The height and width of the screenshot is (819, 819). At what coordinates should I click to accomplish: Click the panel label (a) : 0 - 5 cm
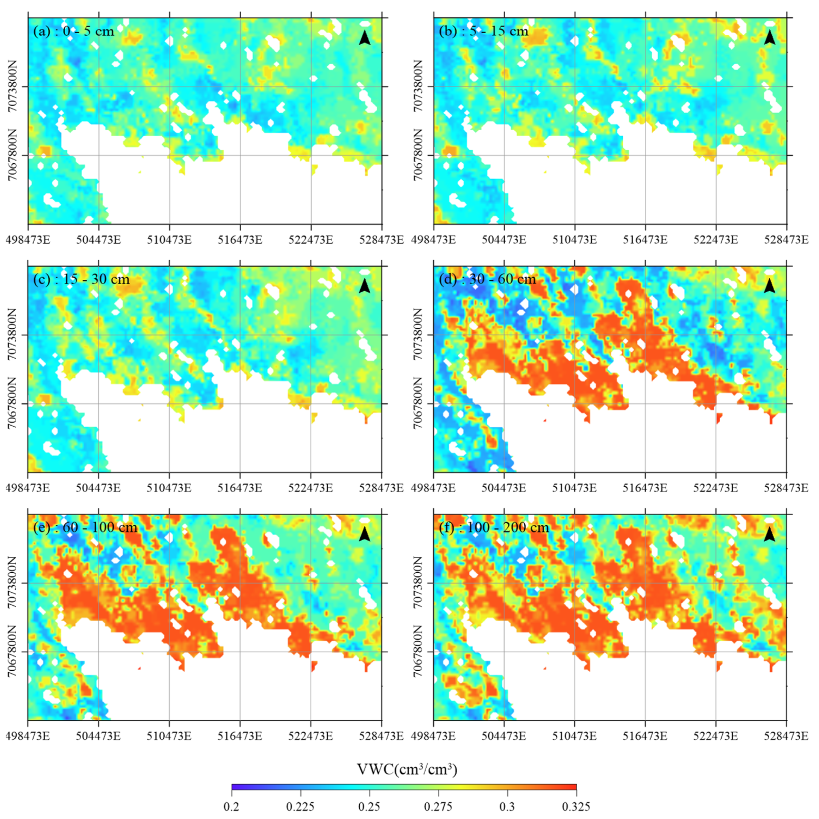tap(74, 31)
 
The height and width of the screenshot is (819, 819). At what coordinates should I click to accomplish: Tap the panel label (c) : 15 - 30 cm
tap(81, 279)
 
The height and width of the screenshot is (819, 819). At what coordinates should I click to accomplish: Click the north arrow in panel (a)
tap(364, 38)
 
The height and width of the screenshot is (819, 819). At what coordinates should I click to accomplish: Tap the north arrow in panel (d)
tap(769, 286)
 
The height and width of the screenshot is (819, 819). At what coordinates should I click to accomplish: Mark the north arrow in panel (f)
tap(769, 535)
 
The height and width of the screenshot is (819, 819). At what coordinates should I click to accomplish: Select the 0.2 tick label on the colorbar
tap(232, 806)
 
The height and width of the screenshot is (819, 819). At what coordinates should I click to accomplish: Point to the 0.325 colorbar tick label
tap(576, 806)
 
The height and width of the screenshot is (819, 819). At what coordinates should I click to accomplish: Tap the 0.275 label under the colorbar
tap(438, 806)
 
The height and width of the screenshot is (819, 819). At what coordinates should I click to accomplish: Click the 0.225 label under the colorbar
tap(300, 806)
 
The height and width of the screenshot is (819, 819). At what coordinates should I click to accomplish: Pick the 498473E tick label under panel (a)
tap(28, 240)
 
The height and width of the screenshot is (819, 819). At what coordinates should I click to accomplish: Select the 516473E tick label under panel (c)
tap(240, 488)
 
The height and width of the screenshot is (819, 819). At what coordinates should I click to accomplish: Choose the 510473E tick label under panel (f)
tap(574, 736)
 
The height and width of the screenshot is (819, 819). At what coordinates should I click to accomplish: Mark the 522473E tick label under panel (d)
tap(716, 488)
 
